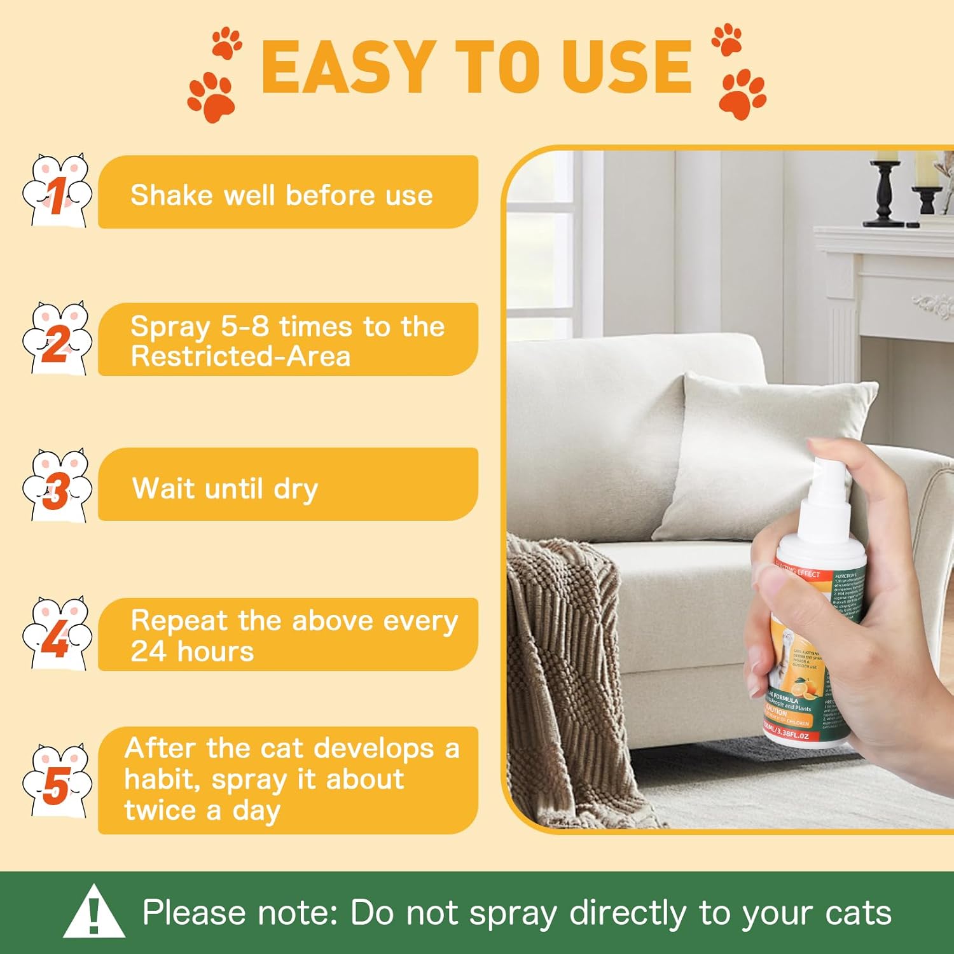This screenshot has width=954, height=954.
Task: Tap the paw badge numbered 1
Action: point(57,191)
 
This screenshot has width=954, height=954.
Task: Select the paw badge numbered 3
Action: point(57,487)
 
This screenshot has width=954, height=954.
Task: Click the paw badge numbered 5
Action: point(57,783)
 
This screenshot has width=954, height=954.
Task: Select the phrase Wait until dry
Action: point(225,489)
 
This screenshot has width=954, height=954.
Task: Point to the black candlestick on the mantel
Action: point(885,191)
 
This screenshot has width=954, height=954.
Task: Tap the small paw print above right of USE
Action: point(726,39)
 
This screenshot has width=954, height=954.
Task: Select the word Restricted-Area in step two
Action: point(240,356)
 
